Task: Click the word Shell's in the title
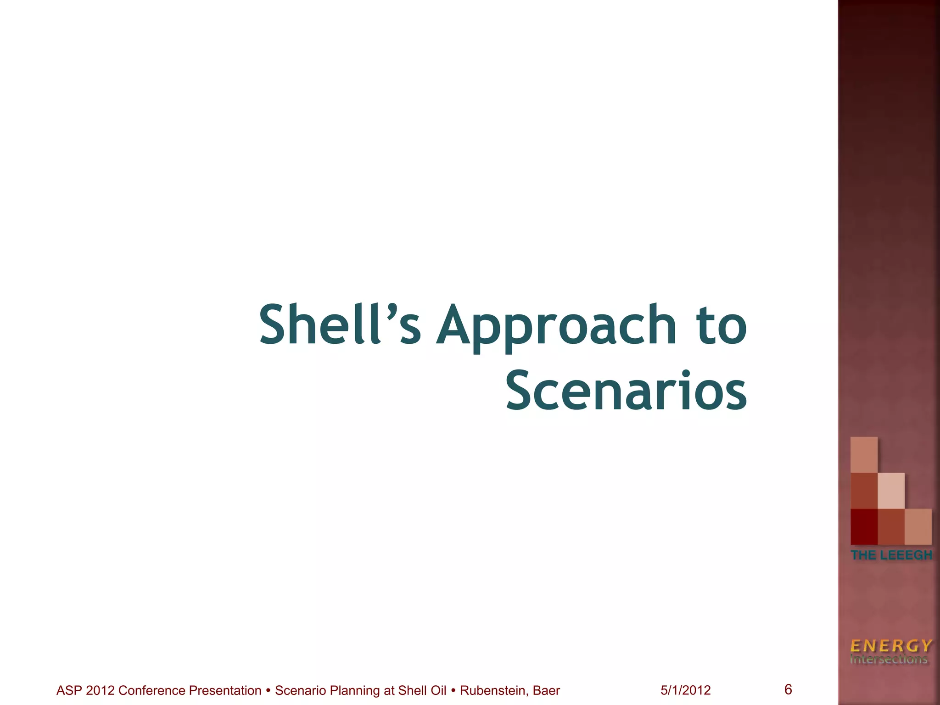(340, 325)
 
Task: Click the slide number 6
(788, 689)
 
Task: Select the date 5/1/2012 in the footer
(686, 690)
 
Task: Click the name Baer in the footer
(547, 690)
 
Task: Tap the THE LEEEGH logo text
(891, 555)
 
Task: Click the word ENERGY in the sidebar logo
(891, 646)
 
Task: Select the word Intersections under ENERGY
(889, 660)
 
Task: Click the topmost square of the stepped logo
(864, 454)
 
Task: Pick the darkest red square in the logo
(864, 527)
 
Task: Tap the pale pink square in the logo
(891, 491)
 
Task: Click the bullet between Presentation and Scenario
(268, 690)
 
